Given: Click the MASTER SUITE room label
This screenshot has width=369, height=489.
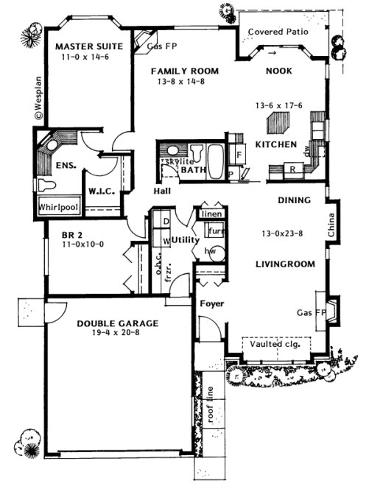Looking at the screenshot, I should [x=88, y=45].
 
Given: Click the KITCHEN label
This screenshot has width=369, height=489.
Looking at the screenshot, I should [x=275, y=144].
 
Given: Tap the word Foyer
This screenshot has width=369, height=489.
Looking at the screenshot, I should [x=211, y=303].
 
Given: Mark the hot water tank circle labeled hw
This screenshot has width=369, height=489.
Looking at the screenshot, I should [x=210, y=250].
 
